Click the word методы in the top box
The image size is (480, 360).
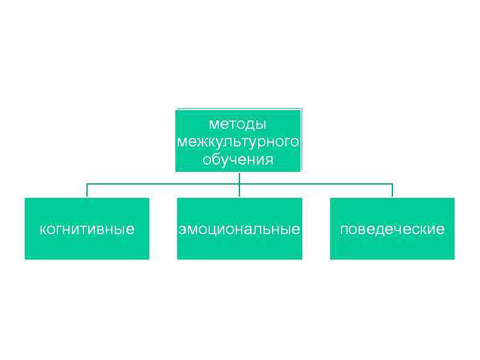(238, 124)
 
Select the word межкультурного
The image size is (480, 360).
(238, 142)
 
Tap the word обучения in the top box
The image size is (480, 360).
(238, 160)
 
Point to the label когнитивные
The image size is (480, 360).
(86, 229)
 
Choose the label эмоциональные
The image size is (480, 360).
(239, 229)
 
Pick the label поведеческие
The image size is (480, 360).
(392, 229)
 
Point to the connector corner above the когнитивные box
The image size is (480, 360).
(87, 183)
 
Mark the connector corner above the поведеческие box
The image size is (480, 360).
(392, 183)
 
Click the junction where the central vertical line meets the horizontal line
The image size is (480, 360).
(239, 183)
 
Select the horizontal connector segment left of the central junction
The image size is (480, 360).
(163, 183)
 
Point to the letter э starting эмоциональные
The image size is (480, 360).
(181, 230)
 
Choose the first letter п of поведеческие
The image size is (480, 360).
(343, 230)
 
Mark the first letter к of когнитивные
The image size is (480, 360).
(42, 230)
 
